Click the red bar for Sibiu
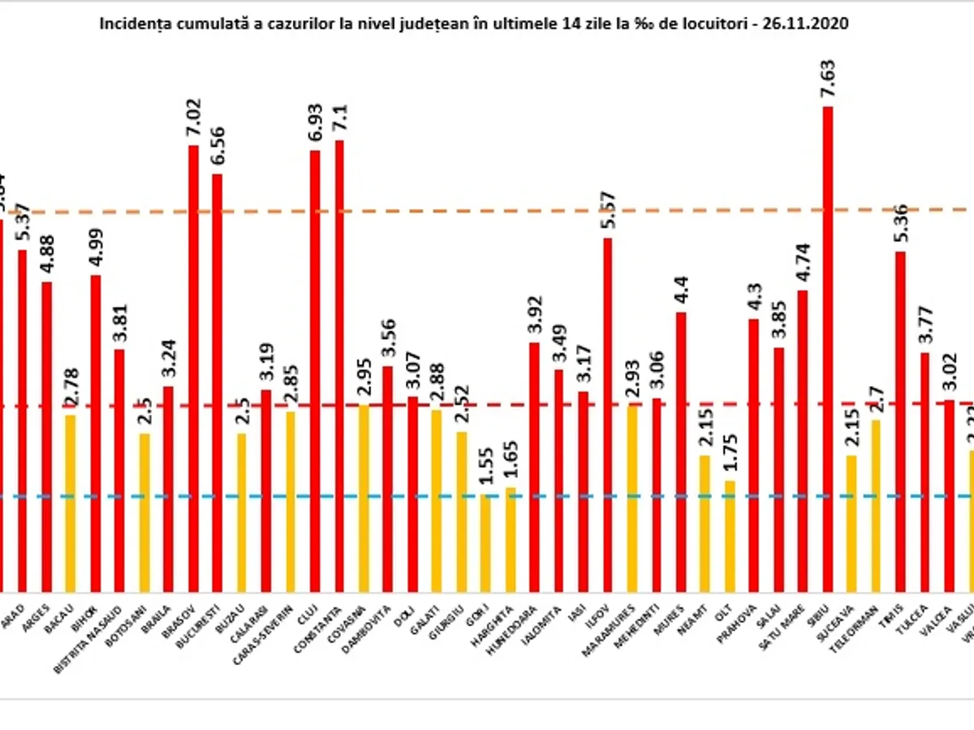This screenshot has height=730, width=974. click(x=827, y=349)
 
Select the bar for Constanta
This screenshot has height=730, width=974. click(x=339, y=365)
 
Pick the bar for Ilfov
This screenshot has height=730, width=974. click(x=607, y=414)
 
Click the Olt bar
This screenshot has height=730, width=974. click(x=730, y=535)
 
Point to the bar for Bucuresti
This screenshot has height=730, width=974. click(x=218, y=381)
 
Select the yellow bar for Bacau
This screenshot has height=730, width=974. click(x=71, y=503)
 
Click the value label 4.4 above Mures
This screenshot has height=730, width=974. click(x=680, y=290)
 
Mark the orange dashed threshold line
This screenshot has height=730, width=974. click(x=487, y=211)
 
